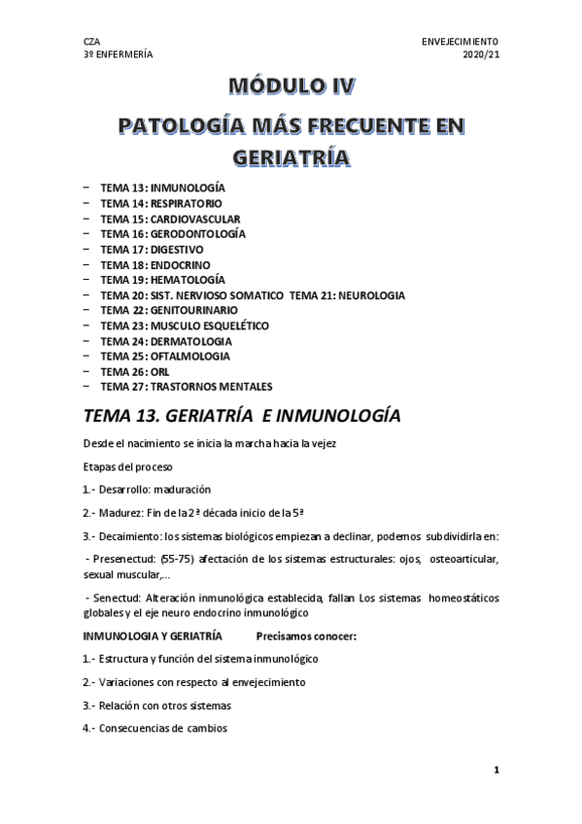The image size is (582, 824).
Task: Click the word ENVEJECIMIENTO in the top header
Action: [460, 42]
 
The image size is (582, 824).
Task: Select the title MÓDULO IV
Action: [291, 89]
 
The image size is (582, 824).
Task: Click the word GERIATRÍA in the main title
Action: [291, 155]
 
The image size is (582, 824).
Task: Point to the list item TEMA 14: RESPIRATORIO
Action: [160, 203]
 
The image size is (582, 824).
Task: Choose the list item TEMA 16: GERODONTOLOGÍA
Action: [172, 233]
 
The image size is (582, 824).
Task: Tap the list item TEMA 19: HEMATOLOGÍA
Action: [162, 279]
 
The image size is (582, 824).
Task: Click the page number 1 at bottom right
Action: [496, 770]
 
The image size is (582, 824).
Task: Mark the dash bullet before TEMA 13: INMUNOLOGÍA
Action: [86, 188]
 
